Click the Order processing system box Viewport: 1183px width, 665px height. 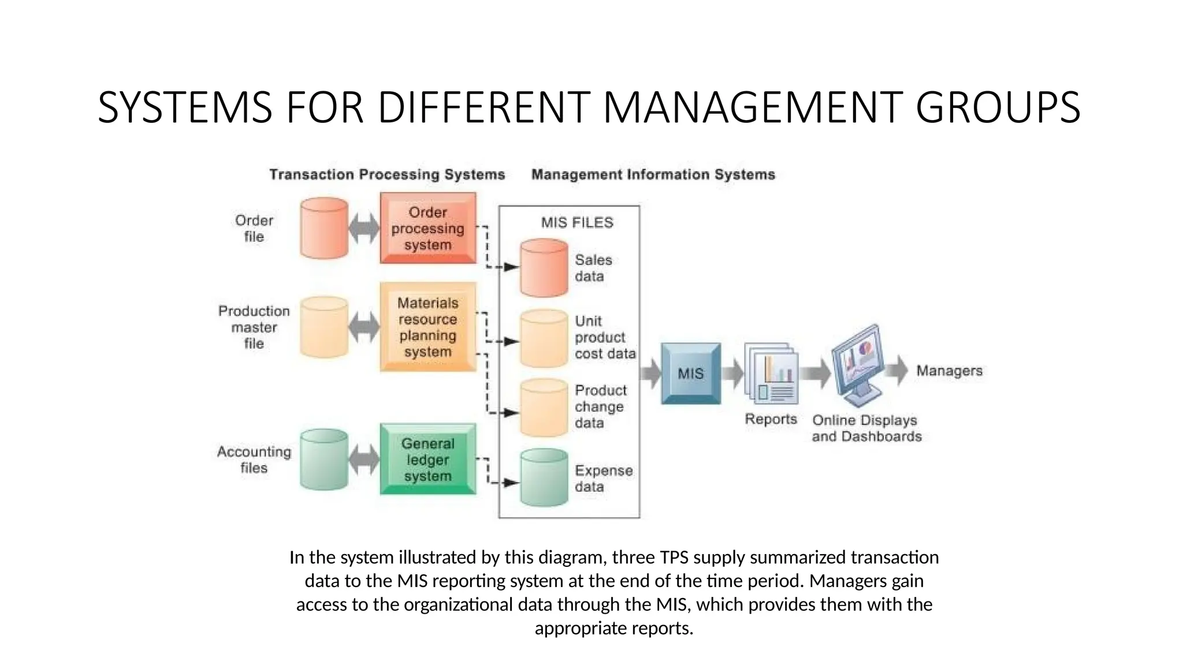[x=427, y=228]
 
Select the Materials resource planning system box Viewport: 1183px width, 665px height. [x=427, y=327]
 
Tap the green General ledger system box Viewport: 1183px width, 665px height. [x=427, y=459]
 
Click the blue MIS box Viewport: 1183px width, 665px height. [x=691, y=373]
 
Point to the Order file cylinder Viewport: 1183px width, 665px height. [x=324, y=228]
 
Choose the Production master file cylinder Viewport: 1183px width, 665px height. [x=324, y=327]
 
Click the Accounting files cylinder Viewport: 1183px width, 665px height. [x=324, y=459]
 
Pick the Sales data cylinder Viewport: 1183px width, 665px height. [x=544, y=268]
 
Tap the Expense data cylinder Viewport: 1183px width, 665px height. [x=544, y=478]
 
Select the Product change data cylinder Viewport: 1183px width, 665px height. [x=544, y=407]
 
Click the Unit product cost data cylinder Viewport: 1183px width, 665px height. [x=544, y=338]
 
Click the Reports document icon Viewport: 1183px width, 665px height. [x=772, y=374]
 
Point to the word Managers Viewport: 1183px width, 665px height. [x=949, y=371]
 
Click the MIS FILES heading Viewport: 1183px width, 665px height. [x=577, y=222]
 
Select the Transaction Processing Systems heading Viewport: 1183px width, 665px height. [x=387, y=174]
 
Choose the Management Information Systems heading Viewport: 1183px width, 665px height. [x=653, y=174]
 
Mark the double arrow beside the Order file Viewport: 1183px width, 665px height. [x=364, y=228]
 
